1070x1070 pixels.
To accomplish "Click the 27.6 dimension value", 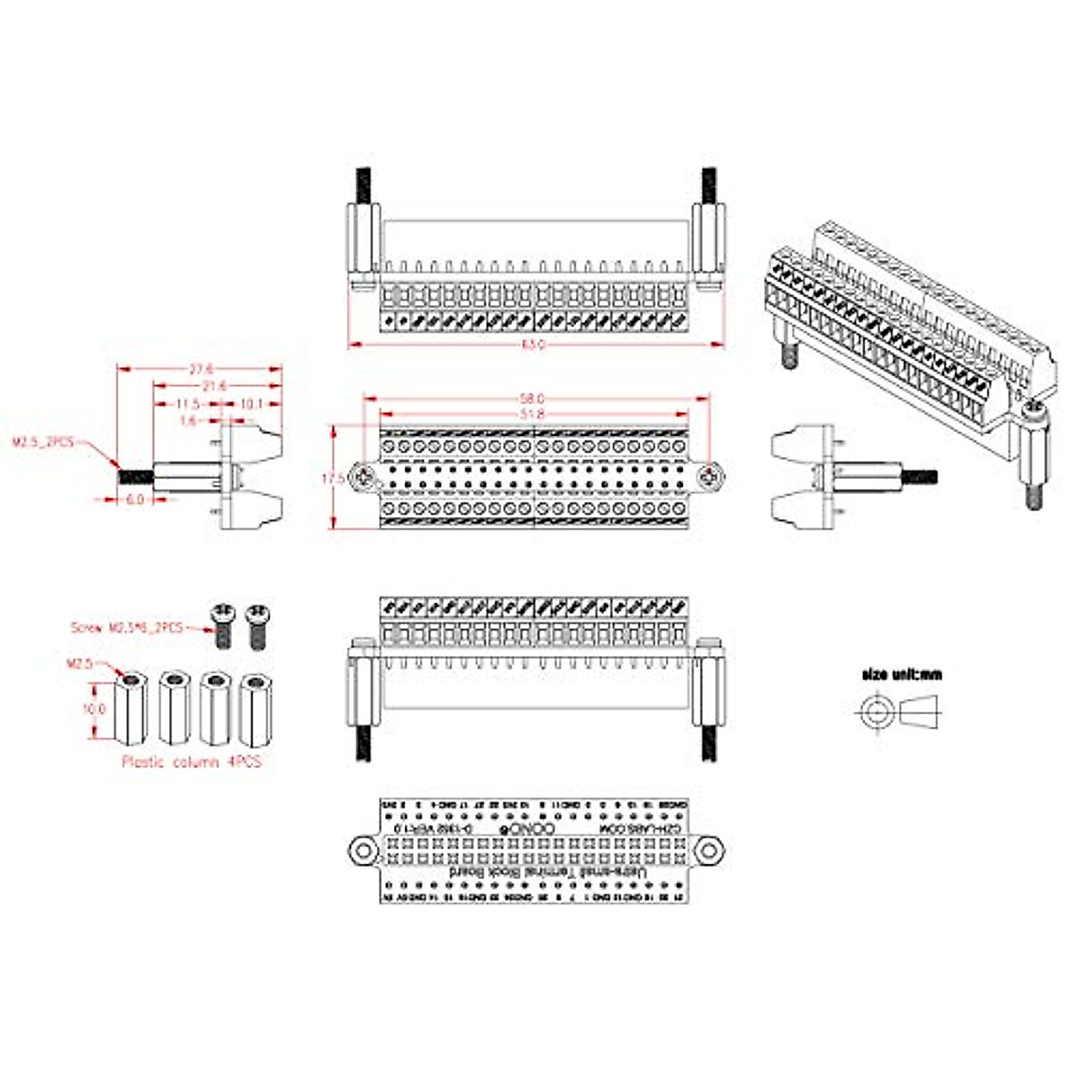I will tap(202, 369).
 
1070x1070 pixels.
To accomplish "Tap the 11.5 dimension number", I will tap(185, 404).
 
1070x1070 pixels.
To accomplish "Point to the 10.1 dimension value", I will tap(251, 404).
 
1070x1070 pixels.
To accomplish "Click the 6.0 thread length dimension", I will tap(135, 499).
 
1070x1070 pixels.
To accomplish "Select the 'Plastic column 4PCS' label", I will tap(192, 761).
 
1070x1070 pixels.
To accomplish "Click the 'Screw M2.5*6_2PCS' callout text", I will tap(127, 628).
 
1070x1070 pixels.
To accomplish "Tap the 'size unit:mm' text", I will tap(901, 674).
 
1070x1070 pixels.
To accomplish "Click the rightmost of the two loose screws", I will tap(257, 624).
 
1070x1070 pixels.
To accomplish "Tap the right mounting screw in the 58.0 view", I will tap(708, 476).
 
